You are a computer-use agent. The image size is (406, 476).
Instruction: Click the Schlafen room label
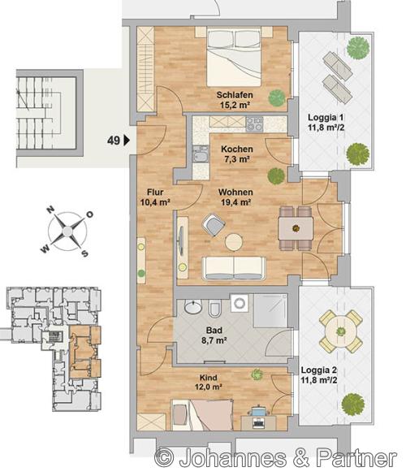(x=235, y=95)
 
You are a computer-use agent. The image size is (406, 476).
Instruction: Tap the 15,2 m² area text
(x=235, y=105)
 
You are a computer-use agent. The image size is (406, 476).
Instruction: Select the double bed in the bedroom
(x=234, y=58)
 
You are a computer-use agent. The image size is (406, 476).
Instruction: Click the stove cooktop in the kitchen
(x=254, y=124)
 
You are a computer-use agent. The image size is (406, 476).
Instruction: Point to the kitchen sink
(x=201, y=154)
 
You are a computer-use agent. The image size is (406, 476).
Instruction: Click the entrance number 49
(x=114, y=141)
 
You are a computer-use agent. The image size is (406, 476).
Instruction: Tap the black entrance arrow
(x=127, y=141)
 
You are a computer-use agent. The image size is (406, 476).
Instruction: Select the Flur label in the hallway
(x=155, y=193)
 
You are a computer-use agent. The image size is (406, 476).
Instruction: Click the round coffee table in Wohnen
(x=234, y=242)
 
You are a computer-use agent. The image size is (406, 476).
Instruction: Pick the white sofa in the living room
(x=234, y=268)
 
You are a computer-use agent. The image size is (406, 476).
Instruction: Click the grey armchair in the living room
(x=214, y=225)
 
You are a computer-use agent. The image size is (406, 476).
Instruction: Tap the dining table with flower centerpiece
(x=296, y=228)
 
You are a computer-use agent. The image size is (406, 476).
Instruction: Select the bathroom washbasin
(x=193, y=306)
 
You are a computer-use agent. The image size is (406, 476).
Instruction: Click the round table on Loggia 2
(x=341, y=331)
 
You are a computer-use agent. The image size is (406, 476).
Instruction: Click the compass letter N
(x=50, y=210)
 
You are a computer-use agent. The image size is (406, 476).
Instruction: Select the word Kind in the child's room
(x=208, y=378)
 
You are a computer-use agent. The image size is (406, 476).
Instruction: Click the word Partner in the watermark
(x=356, y=457)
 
